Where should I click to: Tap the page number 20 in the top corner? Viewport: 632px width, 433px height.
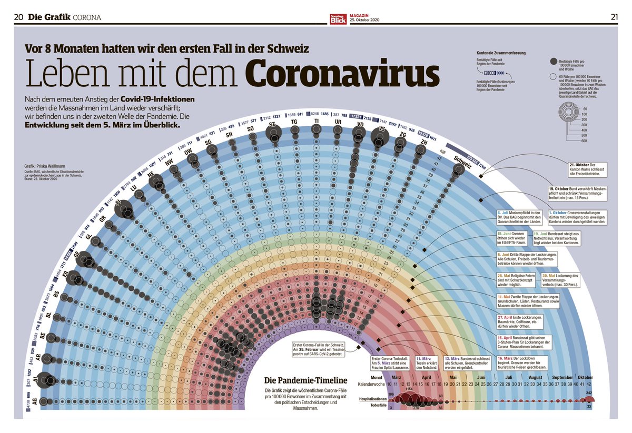click(x=18, y=17)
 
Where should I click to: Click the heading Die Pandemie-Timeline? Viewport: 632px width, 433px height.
click(x=298, y=380)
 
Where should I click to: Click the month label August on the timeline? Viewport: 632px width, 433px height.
click(x=535, y=377)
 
